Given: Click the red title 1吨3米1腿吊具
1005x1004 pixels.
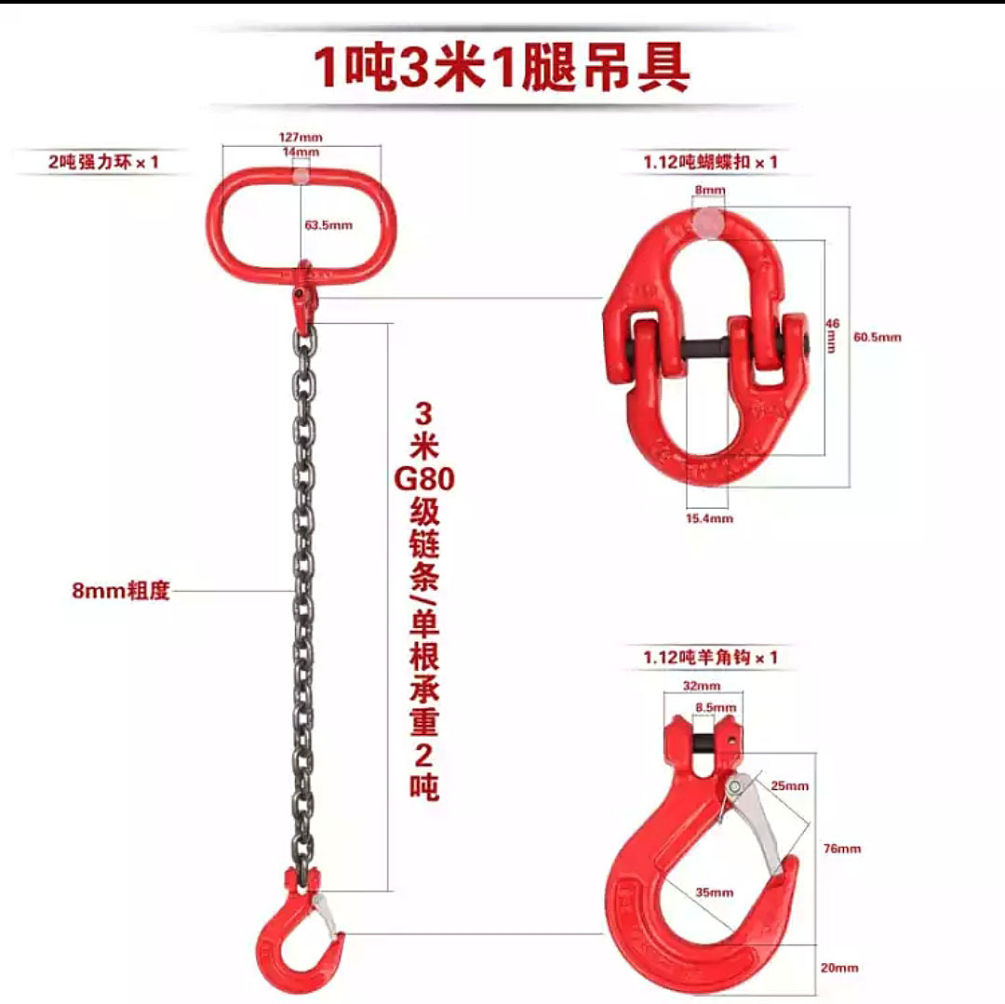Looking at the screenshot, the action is pyautogui.click(x=502, y=69).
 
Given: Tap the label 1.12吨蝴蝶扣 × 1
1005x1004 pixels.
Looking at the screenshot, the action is pyautogui.click(x=710, y=162).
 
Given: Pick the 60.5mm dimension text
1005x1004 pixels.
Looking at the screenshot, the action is pyautogui.click(x=877, y=337).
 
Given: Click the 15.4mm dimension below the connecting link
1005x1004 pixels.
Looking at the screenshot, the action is pyautogui.click(x=709, y=518).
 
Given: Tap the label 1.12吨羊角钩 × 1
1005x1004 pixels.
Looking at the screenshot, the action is pyautogui.click(x=710, y=658).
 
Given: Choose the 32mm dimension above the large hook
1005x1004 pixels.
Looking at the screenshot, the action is pyautogui.click(x=703, y=688).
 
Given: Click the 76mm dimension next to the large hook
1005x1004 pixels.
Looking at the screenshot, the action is pyautogui.click(x=842, y=848).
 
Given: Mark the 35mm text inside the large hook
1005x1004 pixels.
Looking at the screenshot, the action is pyautogui.click(x=715, y=892).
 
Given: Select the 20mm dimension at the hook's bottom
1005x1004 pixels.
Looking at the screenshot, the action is pyautogui.click(x=840, y=968).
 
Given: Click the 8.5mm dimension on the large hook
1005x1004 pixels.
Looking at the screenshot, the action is pyautogui.click(x=716, y=708).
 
